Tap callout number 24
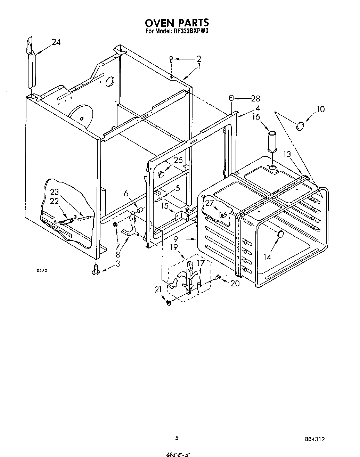(x=56, y=42)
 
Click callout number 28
(x=255, y=99)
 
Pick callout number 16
(x=256, y=117)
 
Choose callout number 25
(x=178, y=160)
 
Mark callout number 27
(x=209, y=203)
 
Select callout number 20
(x=235, y=283)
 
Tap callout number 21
(x=158, y=289)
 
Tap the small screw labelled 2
(x=171, y=59)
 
